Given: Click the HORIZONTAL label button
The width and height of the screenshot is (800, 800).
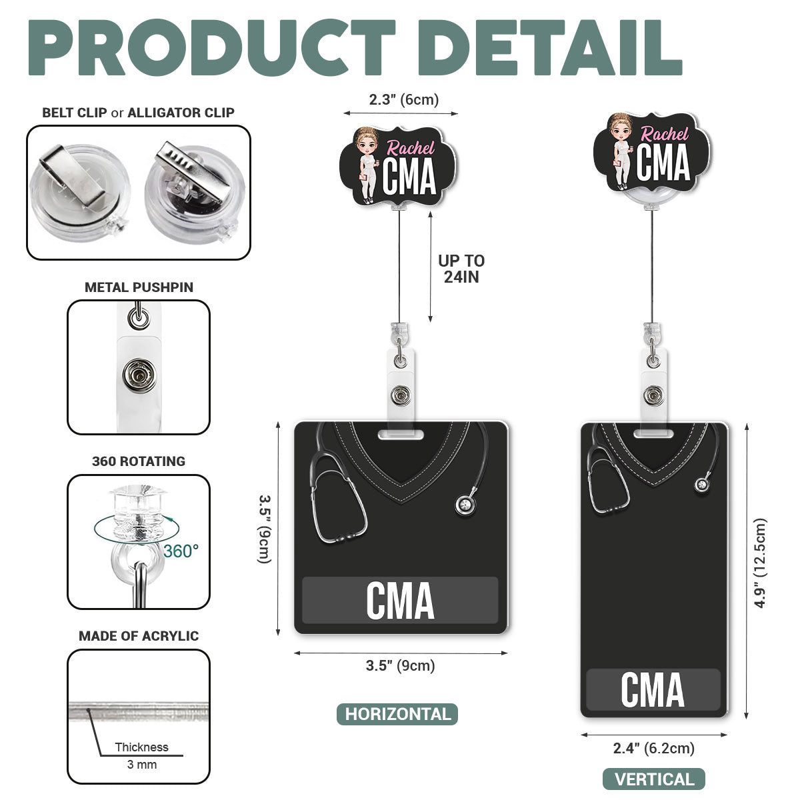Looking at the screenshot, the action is [397, 714].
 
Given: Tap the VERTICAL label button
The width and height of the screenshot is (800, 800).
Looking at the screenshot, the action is [654, 779].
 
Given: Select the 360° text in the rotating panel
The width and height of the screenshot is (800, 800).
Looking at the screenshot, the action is [181, 551].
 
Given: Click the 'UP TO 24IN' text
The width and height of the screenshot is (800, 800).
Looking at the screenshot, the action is [461, 269].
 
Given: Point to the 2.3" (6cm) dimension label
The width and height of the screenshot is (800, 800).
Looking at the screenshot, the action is [403, 99].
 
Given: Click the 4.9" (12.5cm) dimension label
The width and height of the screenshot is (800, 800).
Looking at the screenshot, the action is [760, 563].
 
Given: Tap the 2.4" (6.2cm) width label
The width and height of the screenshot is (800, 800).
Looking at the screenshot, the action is [653, 748].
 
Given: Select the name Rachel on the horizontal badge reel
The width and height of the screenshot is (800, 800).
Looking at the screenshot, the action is [411, 148].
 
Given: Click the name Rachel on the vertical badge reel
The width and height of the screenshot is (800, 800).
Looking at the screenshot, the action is [664, 134].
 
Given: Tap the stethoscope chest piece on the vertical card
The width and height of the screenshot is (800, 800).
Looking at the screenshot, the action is [702, 484].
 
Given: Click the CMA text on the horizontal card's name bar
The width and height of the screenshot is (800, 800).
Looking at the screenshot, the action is [400, 600].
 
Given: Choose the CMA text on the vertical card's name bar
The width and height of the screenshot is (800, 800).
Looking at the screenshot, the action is [653, 690].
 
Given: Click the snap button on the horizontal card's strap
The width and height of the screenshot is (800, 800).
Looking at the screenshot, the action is [401, 395].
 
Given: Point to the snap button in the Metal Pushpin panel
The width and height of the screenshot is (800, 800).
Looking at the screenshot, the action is [139, 376].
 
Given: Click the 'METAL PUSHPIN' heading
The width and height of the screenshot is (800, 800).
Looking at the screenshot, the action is [139, 287].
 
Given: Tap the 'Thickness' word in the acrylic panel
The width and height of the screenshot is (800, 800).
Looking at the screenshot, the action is [141, 747].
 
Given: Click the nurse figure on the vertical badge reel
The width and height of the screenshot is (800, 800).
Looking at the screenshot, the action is [621, 151].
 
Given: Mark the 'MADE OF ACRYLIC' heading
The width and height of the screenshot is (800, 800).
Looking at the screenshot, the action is [139, 635].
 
